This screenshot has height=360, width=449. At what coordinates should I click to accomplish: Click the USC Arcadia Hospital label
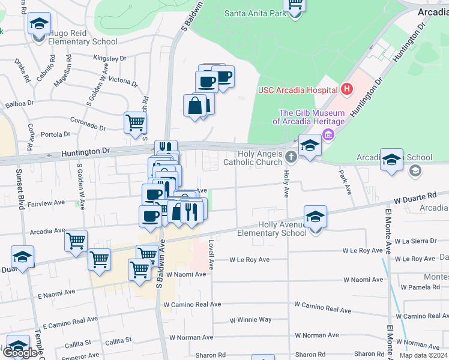click(x=297, y=90)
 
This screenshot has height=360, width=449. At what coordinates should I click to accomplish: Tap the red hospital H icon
click(x=346, y=90)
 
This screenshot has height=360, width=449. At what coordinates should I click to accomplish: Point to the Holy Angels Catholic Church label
click(x=253, y=158)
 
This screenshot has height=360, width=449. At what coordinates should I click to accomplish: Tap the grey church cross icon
click(x=291, y=158)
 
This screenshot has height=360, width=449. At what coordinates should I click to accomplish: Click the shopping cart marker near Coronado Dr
click(x=135, y=122)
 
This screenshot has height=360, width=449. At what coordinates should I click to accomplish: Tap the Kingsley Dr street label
click(x=110, y=59)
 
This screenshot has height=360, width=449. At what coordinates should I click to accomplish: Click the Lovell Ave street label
click(x=211, y=254)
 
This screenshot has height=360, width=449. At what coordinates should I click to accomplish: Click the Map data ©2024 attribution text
click(x=423, y=355)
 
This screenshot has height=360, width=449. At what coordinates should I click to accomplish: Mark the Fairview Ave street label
click(x=46, y=203)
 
